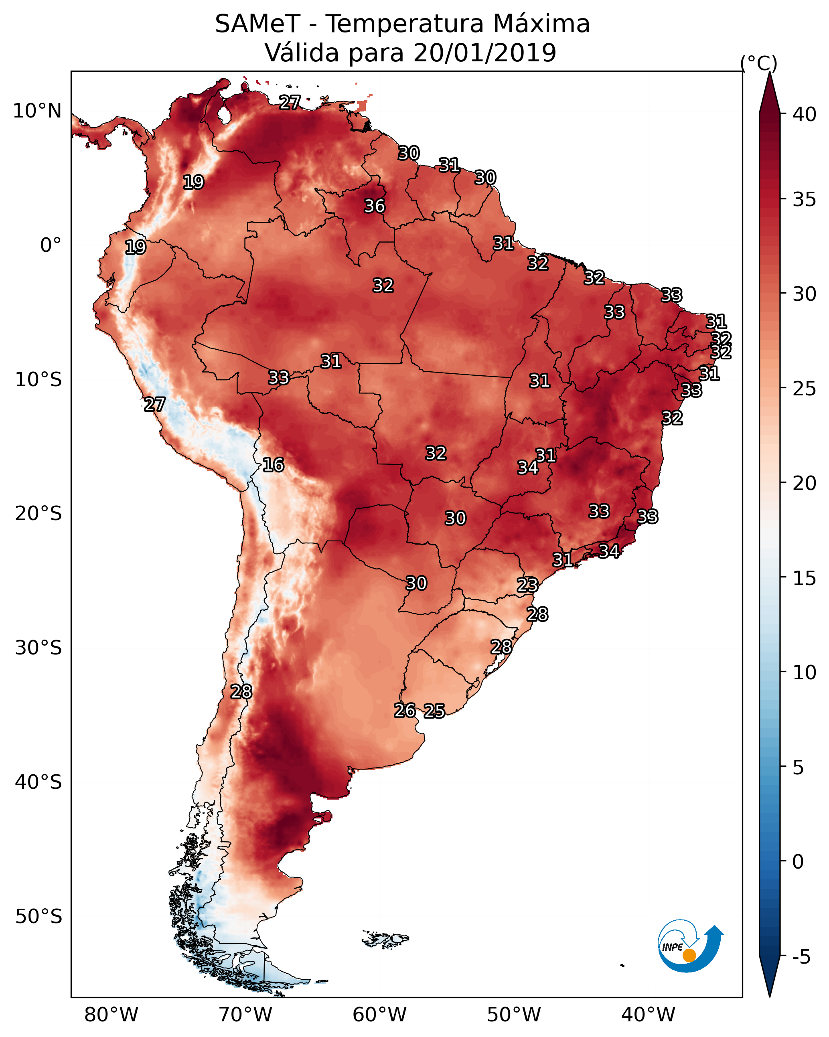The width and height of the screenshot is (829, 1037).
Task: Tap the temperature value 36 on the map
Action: pyautogui.click(x=374, y=206)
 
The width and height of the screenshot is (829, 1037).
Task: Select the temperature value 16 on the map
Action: pyautogui.click(x=273, y=465)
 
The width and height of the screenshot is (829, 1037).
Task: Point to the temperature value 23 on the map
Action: pyautogui.click(x=527, y=585)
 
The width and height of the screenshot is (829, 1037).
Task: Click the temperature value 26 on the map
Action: pyautogui.click(x=405, y=711)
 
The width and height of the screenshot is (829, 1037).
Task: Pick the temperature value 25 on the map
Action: pyautogui.click(x=434, y=711)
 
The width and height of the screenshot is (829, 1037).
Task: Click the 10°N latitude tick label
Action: pyautogui.click(x=37, y=111)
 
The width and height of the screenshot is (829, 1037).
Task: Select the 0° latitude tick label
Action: pyautogui.click(x=51, y=245)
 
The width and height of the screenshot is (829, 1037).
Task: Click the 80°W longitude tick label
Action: pyautogui.click(x=111, y=1015)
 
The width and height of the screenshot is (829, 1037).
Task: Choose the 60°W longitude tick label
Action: pyautogui.click(x=380, y=1015)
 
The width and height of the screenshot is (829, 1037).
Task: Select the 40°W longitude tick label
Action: pyautogui.click(x=648, y=1015)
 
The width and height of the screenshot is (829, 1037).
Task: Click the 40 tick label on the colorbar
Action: pyautogui.click(x=805, y=114)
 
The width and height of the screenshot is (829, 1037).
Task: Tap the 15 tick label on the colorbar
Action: pyautogui.click(x=805, y=578)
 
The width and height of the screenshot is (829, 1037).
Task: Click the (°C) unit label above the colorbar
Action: pyautogui.click(x=759, y=63)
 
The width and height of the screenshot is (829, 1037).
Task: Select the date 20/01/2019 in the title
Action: pyautogui.click(x=484, y=53)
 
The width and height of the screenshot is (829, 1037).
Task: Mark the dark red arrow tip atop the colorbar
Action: pyautogui.click(x=770, y=72)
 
